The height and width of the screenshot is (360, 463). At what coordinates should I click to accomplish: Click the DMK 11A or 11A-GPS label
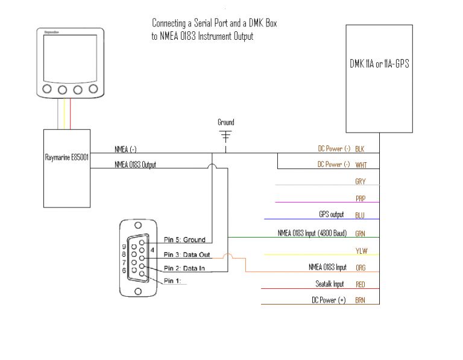pyautogui.click(x=379, y=63)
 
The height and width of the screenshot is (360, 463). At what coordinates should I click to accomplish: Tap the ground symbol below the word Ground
pyautogui.click(x=226, y=136)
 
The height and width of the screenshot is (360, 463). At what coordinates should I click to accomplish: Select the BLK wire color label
pyautogui.click(x=360, y=148)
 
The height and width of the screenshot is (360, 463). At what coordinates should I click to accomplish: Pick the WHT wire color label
pyautogui.click(x=361, y=165)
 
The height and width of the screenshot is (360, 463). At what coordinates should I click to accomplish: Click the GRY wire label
pyautogui.click(x=361, y=182)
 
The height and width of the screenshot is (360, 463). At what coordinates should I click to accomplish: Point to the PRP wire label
pyautogui.click(x=361, y=198)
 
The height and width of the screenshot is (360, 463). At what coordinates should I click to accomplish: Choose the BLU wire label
pyautogui.click(x=360, y=215)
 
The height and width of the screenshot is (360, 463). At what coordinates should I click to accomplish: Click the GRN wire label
pyautogui.click(x=360, y=233)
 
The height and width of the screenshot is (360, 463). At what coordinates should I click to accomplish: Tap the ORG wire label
pyautogui.click(x=360, y=267)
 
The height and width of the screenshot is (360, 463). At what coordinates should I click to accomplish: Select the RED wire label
pyautogui.click(x=360, y=284)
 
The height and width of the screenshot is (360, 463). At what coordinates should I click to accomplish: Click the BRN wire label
pyautogui.click(x=360, y=300)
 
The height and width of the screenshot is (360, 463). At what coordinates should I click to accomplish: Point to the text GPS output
pyautogui.click(x=331, y=214)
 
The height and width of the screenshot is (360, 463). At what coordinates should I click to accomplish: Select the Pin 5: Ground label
pyautogui.click(x=184, y=239)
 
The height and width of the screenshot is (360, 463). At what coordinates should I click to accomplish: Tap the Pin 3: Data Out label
pyautogui.click(x=187, y=254)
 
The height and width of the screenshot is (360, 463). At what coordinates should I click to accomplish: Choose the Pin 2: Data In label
pyautogui.click(x=184, y=268)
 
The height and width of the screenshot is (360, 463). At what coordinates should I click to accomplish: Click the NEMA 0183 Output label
pyautogui.click(x=136, y=165)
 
